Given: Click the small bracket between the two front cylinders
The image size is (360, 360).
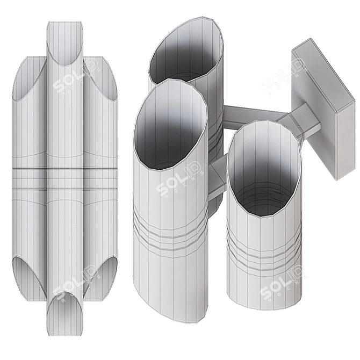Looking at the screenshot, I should [x=218, y=180].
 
